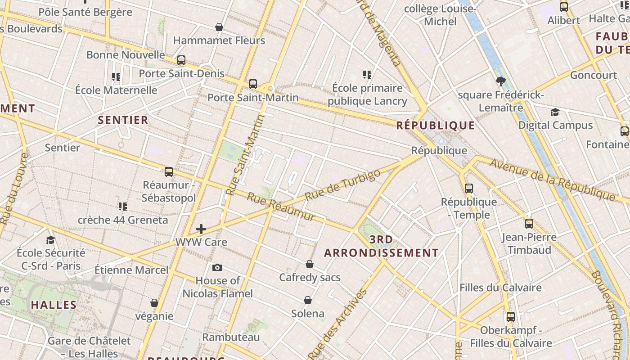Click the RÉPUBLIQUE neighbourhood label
coord(435,126)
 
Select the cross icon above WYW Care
coord(201,229)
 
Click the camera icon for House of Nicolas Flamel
coord(217,268)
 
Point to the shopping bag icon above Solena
coord(308,300)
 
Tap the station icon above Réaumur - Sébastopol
coord(169,172)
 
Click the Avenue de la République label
coord(552,180)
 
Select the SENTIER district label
coord(123,120)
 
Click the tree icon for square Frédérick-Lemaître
coord(500,81)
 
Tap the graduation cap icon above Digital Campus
coord(555,112)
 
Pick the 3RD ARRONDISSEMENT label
coord(381,246)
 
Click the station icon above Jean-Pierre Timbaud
coord(529,224)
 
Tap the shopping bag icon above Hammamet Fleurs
coord(219,27)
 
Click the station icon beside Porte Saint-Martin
coord(253,84)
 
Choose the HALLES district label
coord(54,305)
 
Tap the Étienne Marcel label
coord(131,270)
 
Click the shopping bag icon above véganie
coord(154,303)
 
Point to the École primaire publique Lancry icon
coord(367,74)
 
